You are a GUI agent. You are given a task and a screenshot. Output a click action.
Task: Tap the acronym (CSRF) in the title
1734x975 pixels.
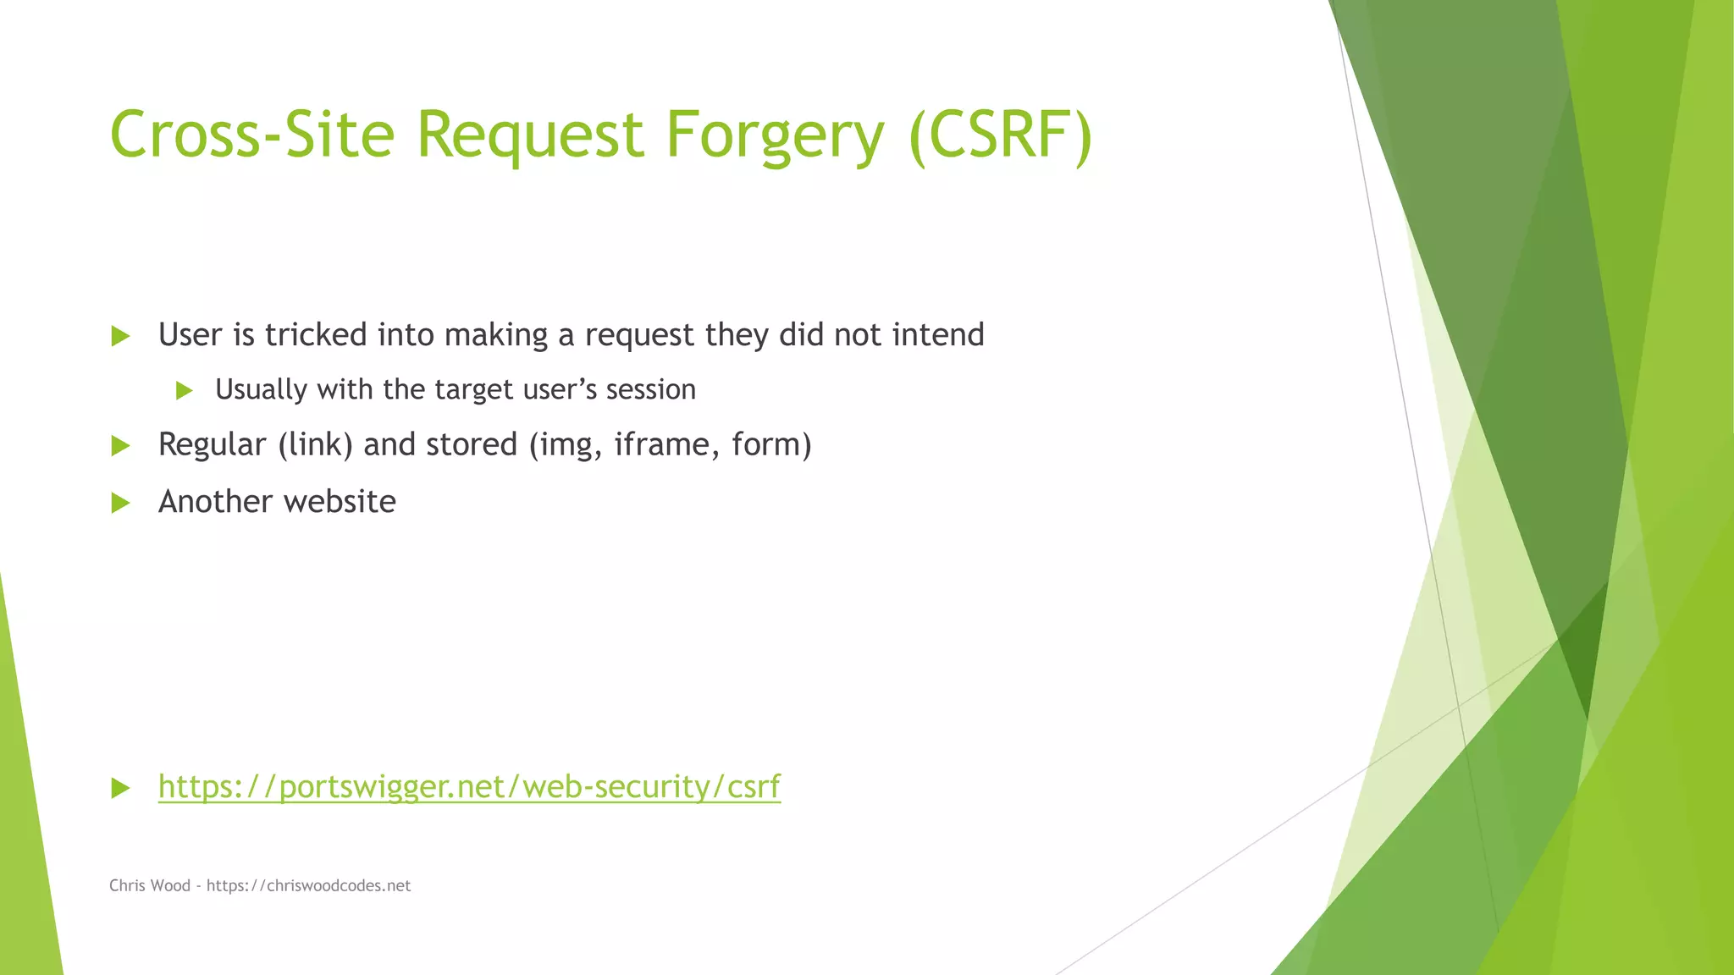(1000, 135)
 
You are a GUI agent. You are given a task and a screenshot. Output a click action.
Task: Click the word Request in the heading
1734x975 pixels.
(531, 135)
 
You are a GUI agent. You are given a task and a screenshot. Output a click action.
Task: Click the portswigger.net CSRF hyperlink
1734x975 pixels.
(469, 786)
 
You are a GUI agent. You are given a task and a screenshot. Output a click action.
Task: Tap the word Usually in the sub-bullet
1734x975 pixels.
(261, 390)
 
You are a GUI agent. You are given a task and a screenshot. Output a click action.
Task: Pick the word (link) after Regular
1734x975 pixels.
(315, 445)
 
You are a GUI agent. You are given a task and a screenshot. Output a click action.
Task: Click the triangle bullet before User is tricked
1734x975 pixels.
(120, 336)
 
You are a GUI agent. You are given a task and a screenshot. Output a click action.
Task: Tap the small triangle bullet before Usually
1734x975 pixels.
(184, 391)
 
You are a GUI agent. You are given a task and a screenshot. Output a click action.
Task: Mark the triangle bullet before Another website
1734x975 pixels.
(120, 504)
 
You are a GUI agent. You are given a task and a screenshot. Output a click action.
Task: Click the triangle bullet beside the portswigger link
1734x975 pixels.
(120, 789)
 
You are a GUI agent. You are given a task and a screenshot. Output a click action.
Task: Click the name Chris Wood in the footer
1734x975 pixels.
(150, 885)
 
